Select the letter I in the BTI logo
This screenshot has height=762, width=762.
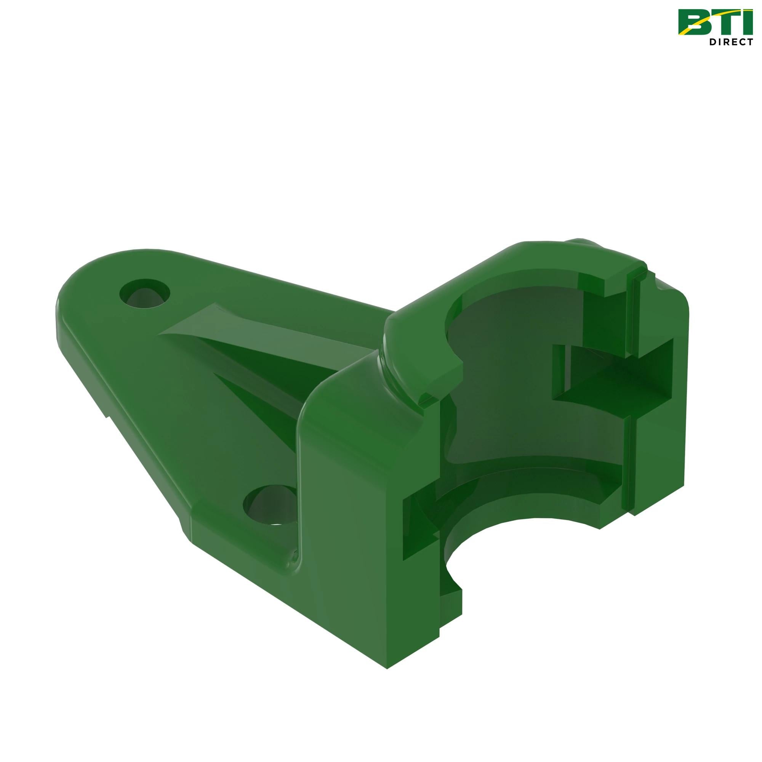click(749, 22)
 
